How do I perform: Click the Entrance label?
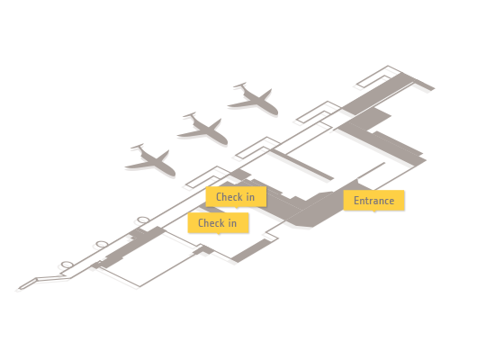coord(373,201)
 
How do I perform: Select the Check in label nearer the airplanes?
coord(236,197)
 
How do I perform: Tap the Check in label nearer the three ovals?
coord(218,223)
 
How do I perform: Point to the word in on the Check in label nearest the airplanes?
coord(250,197)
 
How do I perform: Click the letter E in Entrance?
coord(356,201)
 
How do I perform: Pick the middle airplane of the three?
coord(203,129)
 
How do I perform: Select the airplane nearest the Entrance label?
coord(254,99)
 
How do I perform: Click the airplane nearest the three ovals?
coord(151,160)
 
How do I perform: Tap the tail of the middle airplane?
coord(189,115)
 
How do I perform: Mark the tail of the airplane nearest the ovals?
coord(138,147)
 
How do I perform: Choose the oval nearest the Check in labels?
coord(143,220)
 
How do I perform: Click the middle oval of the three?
coord(102,244)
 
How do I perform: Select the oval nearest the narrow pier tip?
coord(67,265)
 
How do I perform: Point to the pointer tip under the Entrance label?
coord(374,211)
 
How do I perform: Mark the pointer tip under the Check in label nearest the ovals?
coord(219,234)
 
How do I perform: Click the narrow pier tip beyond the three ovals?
coord(20,288)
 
